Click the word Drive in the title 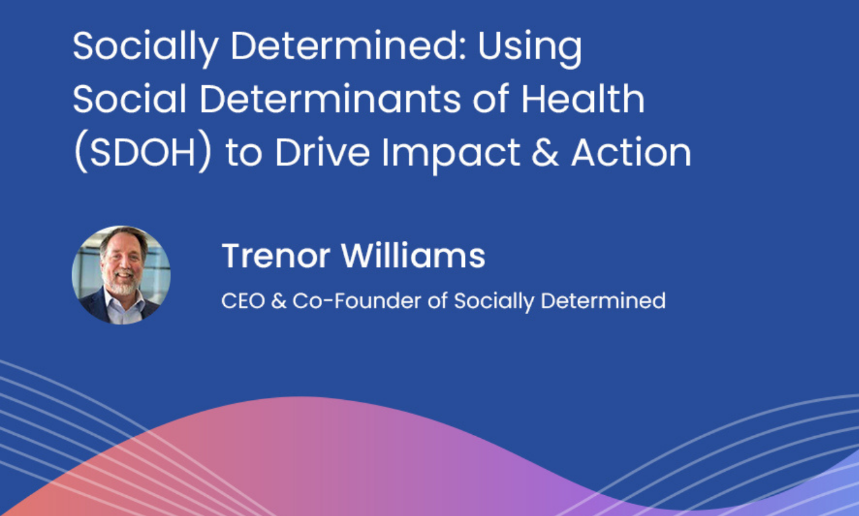click(322, 153)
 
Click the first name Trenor click(276, 256)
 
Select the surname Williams click(413, 256)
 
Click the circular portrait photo click(121, 274)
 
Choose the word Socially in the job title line click(494, 301)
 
